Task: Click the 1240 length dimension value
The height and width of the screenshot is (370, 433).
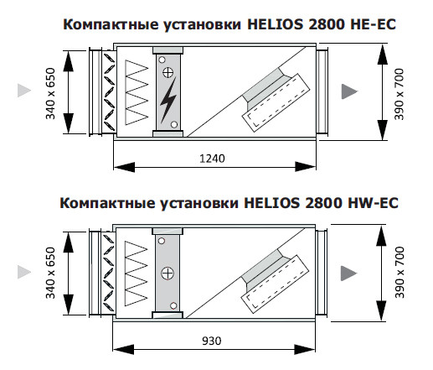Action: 212,159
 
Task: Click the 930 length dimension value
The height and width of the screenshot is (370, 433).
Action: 212,341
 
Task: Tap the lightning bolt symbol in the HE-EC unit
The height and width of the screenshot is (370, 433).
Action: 168,100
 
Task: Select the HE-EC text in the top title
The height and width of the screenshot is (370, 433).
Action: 373,24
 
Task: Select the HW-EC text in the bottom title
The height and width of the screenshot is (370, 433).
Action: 373,202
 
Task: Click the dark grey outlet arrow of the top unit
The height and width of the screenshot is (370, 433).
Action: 349,91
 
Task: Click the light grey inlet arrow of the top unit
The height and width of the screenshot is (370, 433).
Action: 24,91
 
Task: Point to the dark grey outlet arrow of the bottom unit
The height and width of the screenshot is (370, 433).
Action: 348,273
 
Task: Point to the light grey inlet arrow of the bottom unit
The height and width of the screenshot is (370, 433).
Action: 24,272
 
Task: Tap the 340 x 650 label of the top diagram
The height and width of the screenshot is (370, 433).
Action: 50,93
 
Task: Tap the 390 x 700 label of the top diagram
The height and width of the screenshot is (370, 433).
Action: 399,94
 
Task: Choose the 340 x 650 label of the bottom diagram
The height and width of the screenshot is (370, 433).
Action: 50,273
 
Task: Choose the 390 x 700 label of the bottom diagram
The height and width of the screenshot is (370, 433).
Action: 399,272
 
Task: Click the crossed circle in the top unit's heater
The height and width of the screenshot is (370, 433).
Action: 168,73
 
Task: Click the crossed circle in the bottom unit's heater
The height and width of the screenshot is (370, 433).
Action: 168,274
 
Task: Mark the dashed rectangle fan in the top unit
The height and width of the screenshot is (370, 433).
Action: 276,102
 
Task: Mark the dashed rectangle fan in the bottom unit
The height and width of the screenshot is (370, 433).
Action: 275,284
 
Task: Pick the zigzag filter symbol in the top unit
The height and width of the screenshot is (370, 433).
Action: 137,92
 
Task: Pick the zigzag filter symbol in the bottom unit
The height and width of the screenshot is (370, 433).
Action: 136,274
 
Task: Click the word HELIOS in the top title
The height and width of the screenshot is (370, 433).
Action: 275,24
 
